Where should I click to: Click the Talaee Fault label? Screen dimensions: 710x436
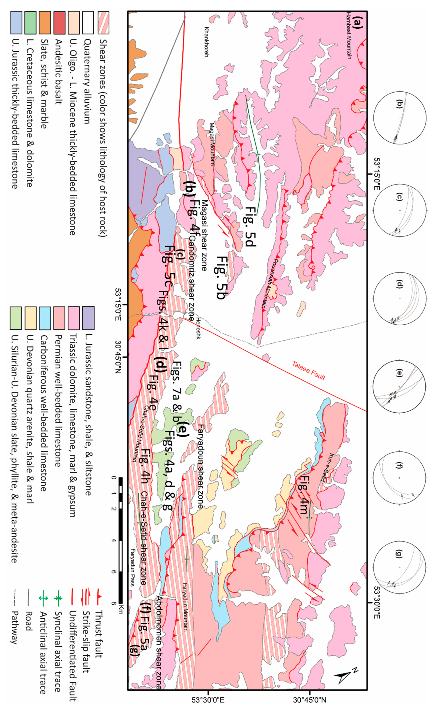(x=309, y=370)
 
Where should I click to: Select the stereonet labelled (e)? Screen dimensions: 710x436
(x=400, y=386)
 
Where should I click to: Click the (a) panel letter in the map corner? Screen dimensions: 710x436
(x=357, y=22)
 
